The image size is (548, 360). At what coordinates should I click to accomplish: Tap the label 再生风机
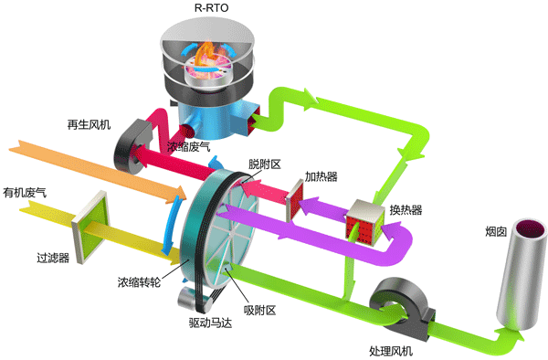click(x=88, y=124)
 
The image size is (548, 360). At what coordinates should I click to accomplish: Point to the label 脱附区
click(x=264, y=164)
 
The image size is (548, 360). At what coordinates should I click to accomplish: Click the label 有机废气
click(x=25, y=193)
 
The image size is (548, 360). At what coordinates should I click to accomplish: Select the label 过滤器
click(x=54, y=259)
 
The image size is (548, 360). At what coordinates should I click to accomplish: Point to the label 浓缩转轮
click(x=139, y=281)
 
